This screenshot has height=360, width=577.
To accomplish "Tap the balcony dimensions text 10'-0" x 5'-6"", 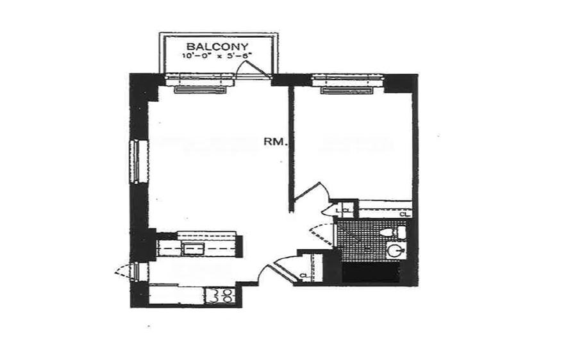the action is click(215, 56).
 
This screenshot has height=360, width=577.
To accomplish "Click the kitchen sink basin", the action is click(192, 247).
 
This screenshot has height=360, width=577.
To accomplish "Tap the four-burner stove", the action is click(221, 295).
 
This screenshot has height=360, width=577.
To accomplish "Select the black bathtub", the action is click(371, 274).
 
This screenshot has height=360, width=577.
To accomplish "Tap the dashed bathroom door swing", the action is click(321, 234).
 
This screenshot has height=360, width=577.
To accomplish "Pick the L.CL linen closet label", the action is click(344, 210).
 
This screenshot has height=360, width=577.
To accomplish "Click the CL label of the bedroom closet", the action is click(404, 215).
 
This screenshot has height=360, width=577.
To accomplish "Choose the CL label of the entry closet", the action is click(304, 275).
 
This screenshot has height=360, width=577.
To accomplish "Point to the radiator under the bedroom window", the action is click(347, 90).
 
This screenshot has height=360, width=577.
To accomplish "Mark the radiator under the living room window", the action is click(200, 90).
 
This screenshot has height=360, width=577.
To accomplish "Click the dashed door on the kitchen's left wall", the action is click(127, 272).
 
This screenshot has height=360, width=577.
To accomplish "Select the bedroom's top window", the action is click(347, 80).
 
